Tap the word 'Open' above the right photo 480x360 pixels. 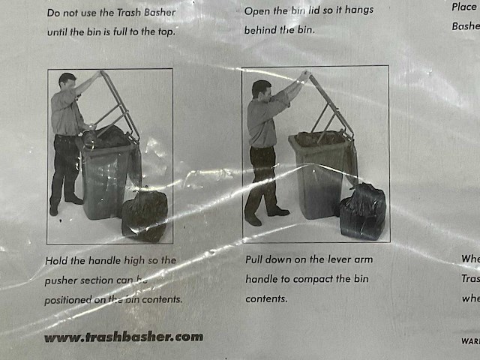(259, 10)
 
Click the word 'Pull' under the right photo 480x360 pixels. (257, 259)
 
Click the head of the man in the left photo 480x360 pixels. (67, 81)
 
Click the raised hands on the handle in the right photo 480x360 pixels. (303, 76)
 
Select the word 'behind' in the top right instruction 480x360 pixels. (262, 31)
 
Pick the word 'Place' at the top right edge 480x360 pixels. (463, 7)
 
